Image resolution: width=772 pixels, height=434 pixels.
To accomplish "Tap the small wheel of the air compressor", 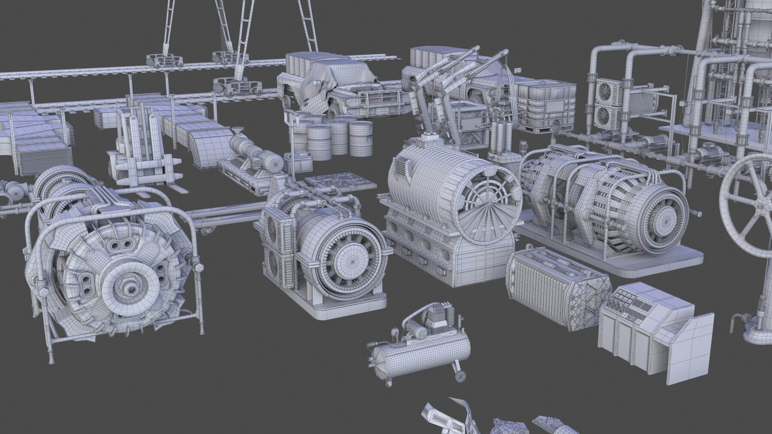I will [460, 376].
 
